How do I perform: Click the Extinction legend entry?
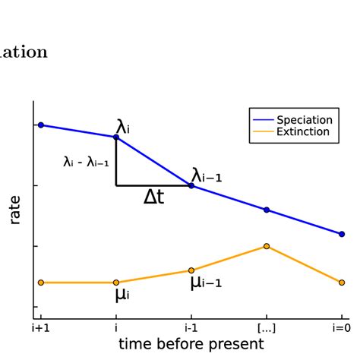[x=303, y=131]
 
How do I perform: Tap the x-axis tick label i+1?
[x=40, y=328]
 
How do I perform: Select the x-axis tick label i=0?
[x=341, y=328]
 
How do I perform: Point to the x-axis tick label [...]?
[x=267, y=328]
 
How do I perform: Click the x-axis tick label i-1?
[x=191, y=328]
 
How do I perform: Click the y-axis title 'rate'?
[x=15, y=210]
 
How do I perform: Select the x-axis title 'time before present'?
[x=191, y=344]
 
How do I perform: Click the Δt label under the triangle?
[x=154, y=197]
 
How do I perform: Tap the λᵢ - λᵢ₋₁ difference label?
[x=86, y=162]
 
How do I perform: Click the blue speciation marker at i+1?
[x=41, y=125]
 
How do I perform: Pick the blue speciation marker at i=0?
[x=341, y=234]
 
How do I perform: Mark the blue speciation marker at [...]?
[x=267, y=210]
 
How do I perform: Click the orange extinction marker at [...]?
[x=267, y=246]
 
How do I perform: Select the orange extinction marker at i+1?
[x=41, y=283]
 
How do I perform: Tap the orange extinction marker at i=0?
[x=341, y=283]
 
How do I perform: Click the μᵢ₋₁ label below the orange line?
[x=205, y=283]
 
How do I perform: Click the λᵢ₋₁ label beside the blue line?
[x=207, y=175]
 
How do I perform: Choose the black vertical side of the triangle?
[x=116, y=162]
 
